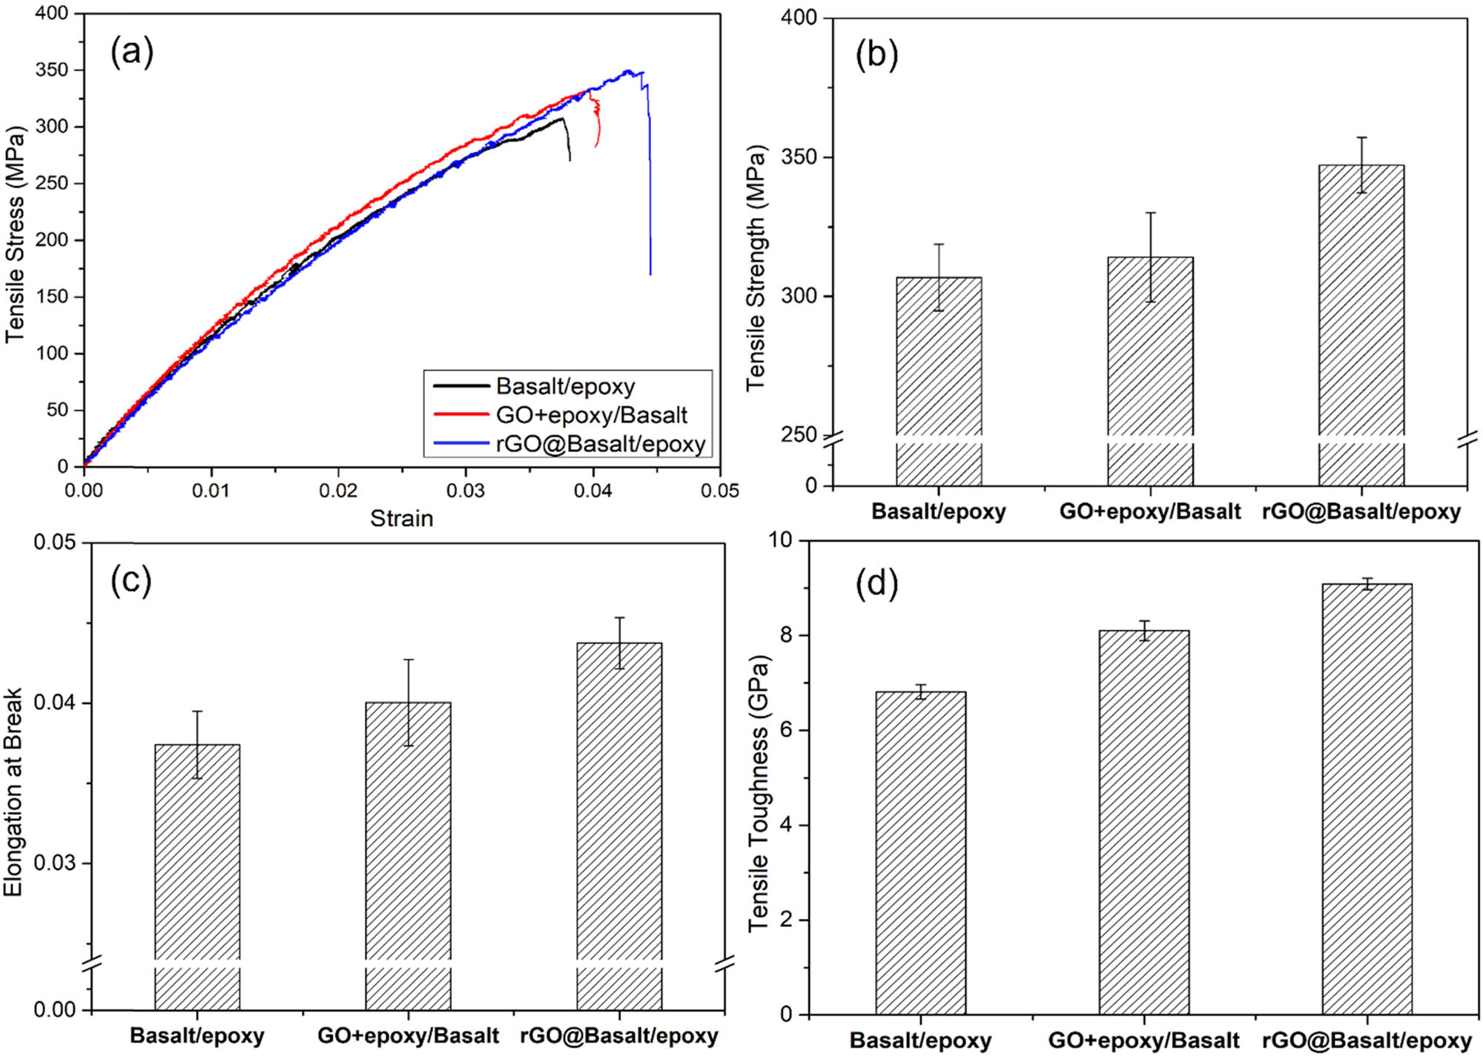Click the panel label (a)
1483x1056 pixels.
(x=132, y=53)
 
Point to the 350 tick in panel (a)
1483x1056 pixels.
(x=51, y=70)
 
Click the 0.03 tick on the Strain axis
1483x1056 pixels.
(x=465, y=491)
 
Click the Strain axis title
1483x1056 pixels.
(x=401, y=519)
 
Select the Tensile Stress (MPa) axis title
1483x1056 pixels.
(x=16, y=235)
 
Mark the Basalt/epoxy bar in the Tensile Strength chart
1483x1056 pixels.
(x=939, y=381)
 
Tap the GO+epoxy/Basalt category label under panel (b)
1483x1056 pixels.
(x=1149, y=511)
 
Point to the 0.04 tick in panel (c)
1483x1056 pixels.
(x=55, y=702)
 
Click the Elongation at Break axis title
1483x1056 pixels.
(x=13, y=792)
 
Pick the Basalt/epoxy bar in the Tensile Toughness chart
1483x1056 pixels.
(x=920, y=852)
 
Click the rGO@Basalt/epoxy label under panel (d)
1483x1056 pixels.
(x=1366, y=1040)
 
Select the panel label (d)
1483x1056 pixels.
(x=876, y=583)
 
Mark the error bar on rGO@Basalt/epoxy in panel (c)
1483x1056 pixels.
(x=619, y=642)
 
